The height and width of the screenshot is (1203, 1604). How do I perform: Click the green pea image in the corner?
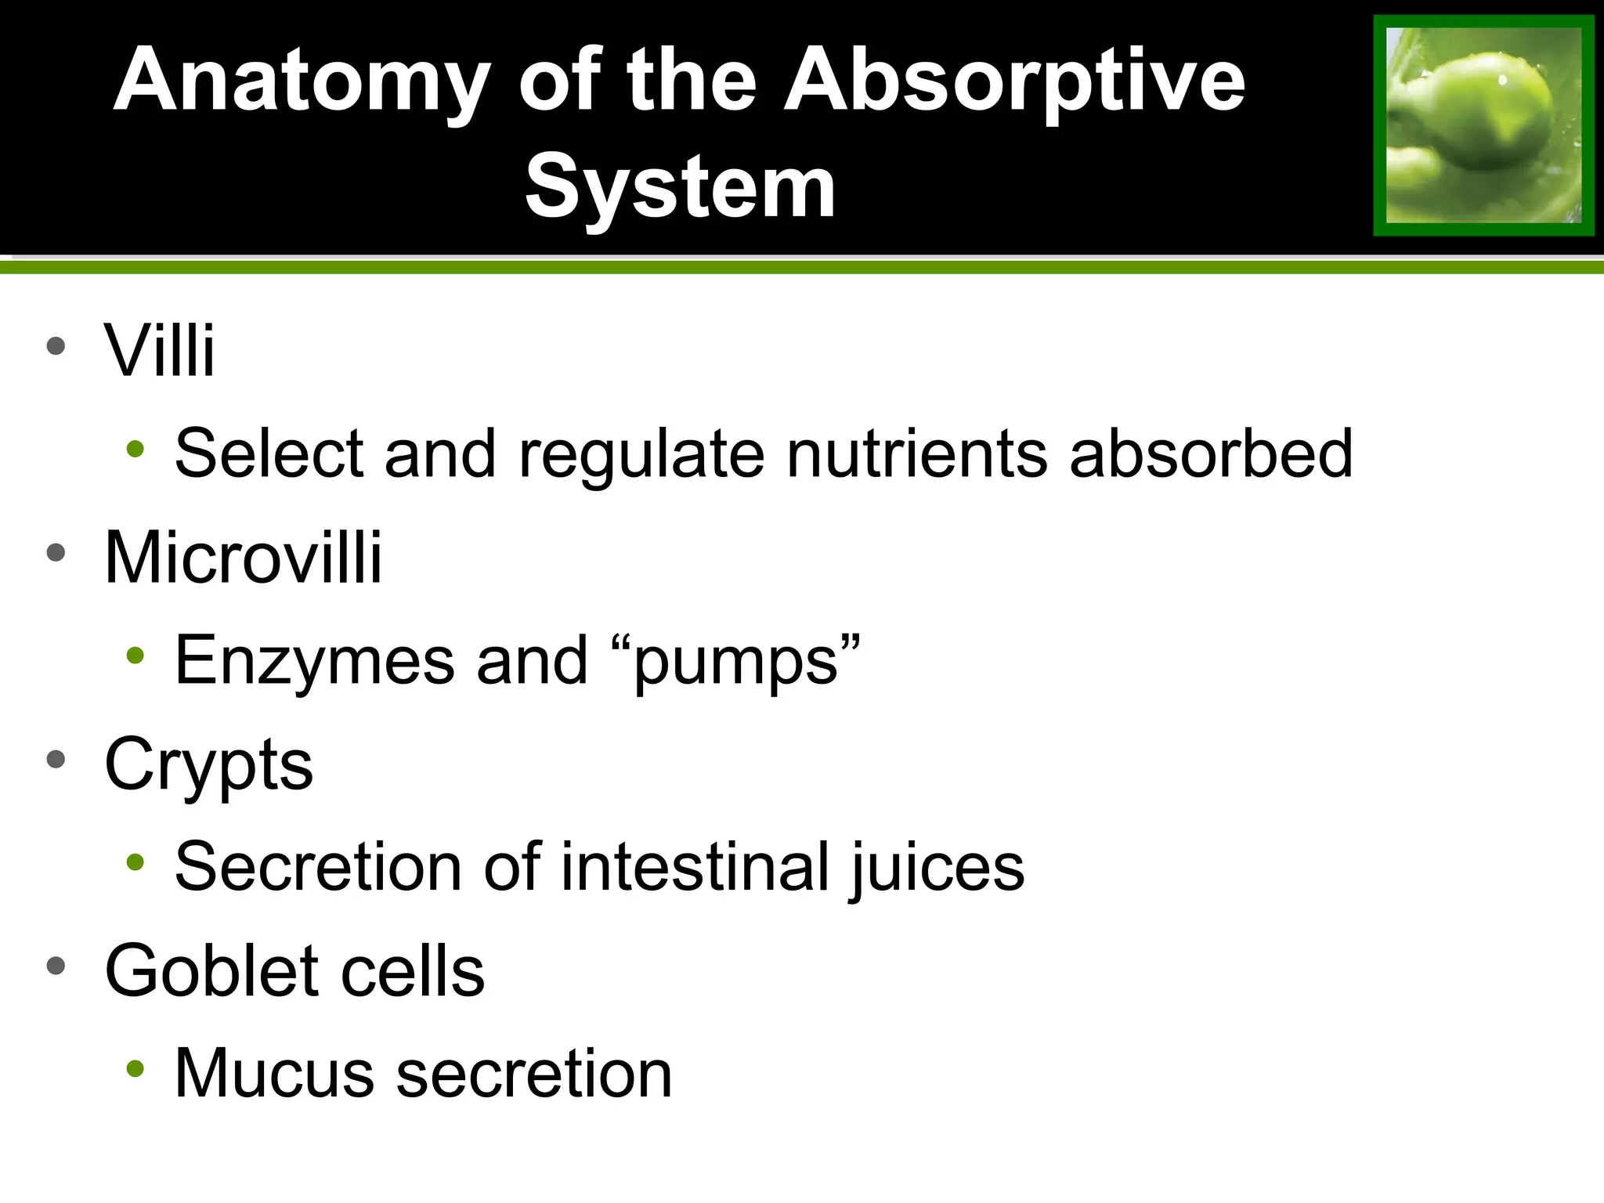tap(1483, 125)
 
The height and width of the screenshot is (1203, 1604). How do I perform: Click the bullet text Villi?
tap(159, 350)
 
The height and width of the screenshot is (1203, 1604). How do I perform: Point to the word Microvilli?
tap(243, 558)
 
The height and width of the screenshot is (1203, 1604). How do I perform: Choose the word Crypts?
tap(208, 765)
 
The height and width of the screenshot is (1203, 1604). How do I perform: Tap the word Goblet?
tap(211, 971)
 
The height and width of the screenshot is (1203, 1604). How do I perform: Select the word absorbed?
tap(1211, 453)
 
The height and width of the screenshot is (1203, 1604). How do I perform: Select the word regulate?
tap(641, 453)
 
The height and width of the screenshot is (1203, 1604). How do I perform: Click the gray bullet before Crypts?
tap(56, 759)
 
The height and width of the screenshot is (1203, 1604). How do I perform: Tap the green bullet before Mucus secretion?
tap(135, 1068)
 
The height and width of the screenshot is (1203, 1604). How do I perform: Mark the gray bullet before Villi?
tap(56, 345)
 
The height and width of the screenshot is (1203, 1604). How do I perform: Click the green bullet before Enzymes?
tap(135, 656)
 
